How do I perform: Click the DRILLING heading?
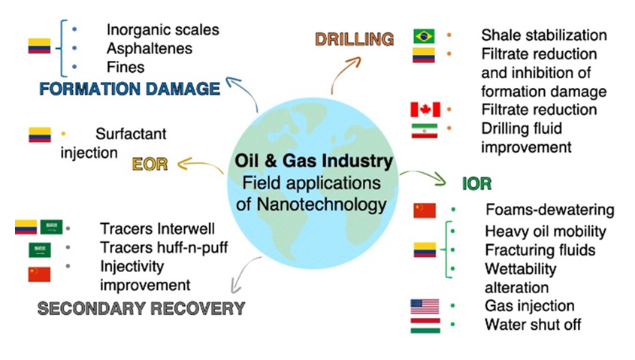(x=355, y=39)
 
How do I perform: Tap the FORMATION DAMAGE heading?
(x=129, y=89)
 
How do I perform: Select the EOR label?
(x=150, y=165)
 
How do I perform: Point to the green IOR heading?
(x=477, y=184)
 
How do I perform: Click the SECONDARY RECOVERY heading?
(x=141, y=309)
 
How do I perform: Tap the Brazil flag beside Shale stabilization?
(x=424, y=36)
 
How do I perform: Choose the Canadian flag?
(x=425, y=109)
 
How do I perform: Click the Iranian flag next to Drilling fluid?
(x=425, y=131)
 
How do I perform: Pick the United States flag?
(x=425, y=307)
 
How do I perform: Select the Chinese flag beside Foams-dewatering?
(x=425, y=210)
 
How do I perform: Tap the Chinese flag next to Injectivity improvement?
(x=39, y=274)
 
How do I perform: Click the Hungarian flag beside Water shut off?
(x=425, y=325)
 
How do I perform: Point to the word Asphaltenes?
(x=150, y=49)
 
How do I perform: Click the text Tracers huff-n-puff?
(x=164, y=247)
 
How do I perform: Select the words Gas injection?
(x=530, y=306)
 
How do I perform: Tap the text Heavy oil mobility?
(x=546, y=231)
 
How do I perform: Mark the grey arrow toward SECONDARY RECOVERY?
(x=243, y=274)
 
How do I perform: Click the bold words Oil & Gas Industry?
(x=314, y=161)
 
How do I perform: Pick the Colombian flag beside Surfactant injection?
(x=40, y=135)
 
